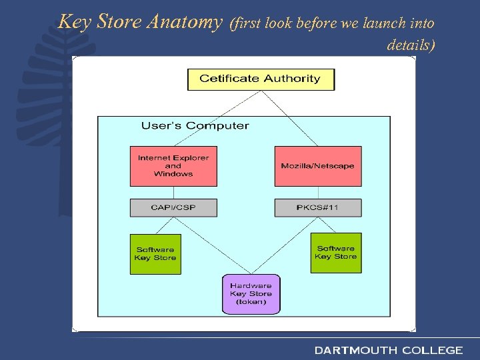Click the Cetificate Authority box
pos(261,79)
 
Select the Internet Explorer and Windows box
pos(173,166)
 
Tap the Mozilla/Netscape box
pos(318,166)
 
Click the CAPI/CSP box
pos(173,207)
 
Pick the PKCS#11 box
pos(318,207)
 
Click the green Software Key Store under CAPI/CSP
pos(155,253)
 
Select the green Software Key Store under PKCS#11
pos(336,253)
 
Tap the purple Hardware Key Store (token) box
pos(251,294)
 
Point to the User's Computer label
pos(195,125)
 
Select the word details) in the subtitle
pos(411,45)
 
